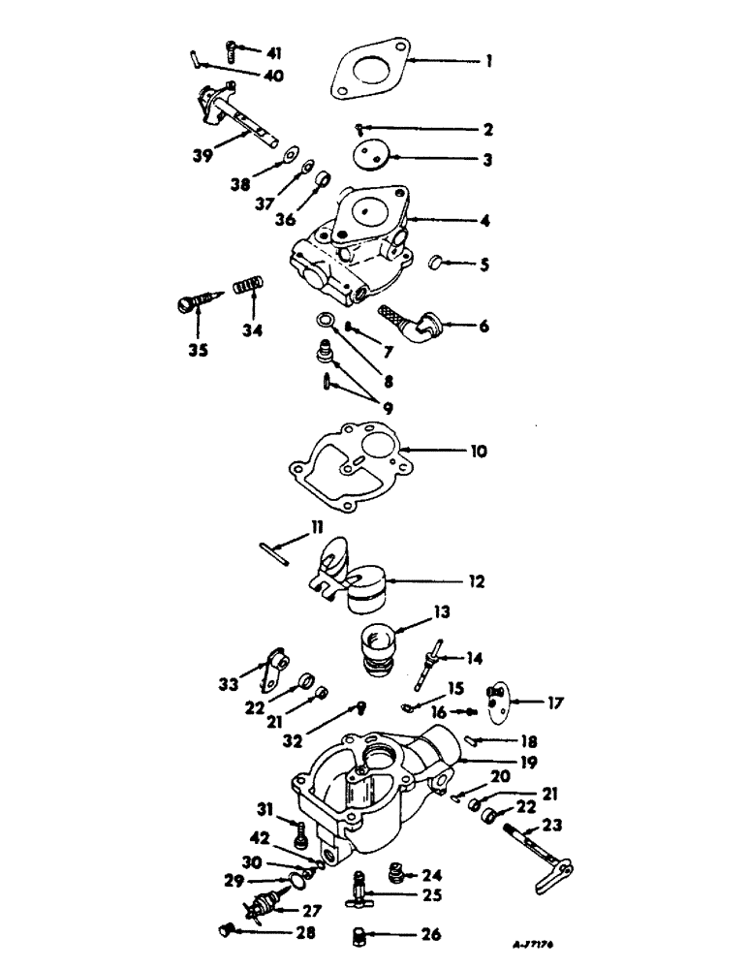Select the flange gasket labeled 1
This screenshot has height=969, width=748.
(369, 69)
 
